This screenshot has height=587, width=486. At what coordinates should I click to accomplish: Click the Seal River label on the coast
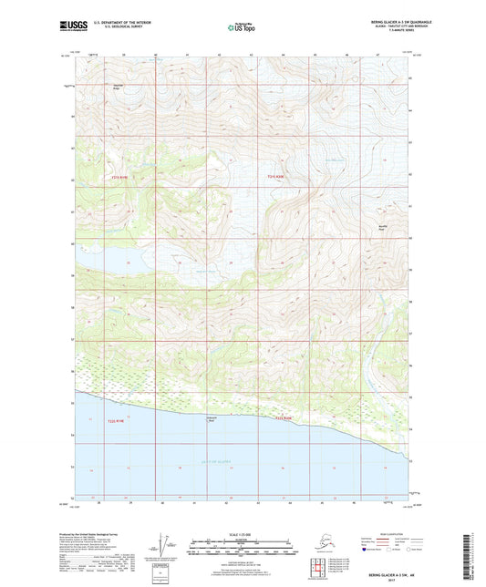(x=211, y=420)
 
